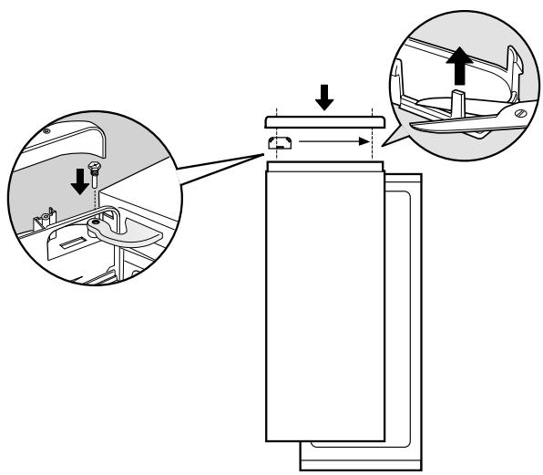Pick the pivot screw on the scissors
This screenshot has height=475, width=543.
coord(519,115)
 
